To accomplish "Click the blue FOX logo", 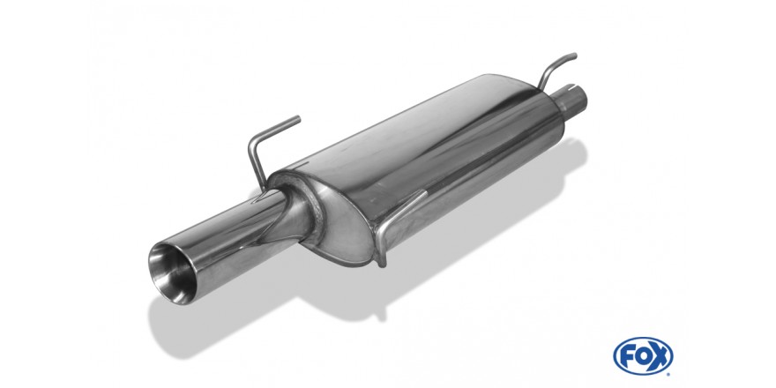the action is (x=643, y=355).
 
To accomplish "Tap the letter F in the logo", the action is (x=628, y=355).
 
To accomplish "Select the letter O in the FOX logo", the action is (x=643, y=355).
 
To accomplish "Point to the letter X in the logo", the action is (x=660, y=355).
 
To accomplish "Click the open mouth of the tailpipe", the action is (x=171, y=272).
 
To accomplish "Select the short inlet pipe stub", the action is (x=572, y=101).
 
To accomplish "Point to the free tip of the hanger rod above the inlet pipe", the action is (x=575, y=55).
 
